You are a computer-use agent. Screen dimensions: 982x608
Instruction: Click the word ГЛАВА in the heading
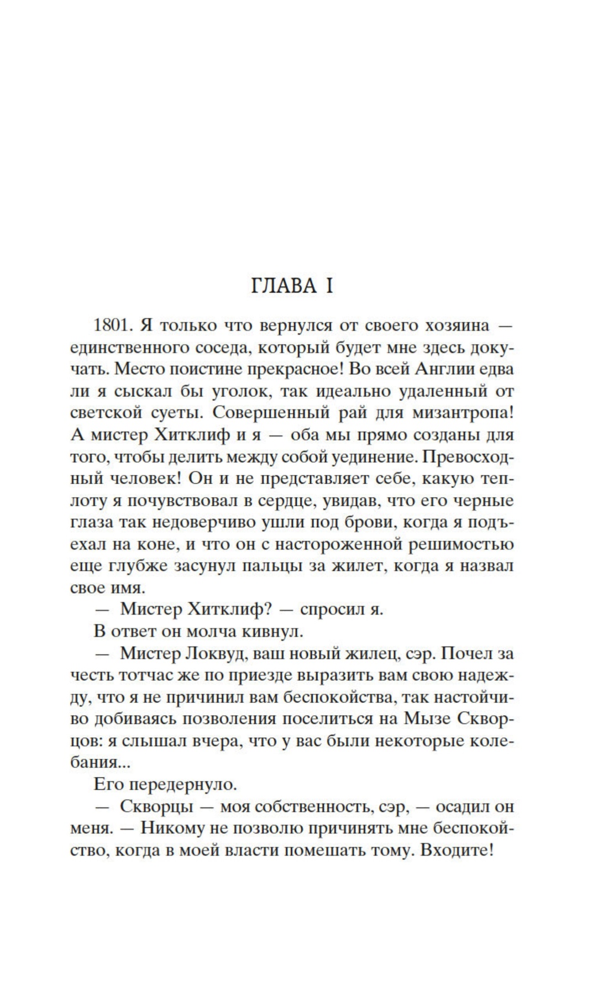284,286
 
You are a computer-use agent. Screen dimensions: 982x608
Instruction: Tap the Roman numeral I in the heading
329,286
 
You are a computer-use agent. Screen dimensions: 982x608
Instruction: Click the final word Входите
457,850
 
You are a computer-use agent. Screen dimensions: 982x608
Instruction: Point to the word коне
159,544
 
